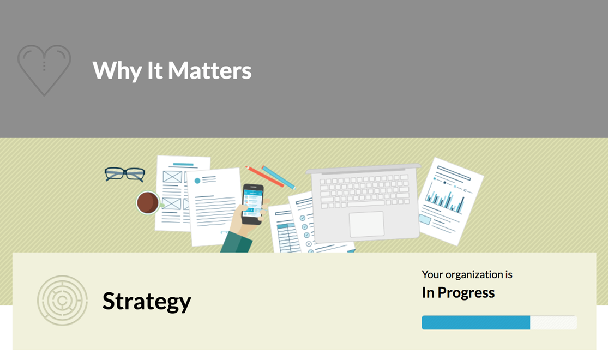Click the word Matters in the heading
[209, 70]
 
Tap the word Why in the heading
[117, 71]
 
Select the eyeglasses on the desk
[125, 174]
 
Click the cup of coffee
[148, 203]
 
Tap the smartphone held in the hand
[252, 204]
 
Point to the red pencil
[264, 177]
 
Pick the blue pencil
[279, 177]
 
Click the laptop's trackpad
[366, 224]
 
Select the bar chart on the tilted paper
[445, 198]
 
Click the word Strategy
[147, 302]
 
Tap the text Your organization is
[467, 275]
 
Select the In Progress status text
[459, 292]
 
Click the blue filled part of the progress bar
[476, 323]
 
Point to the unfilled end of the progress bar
[553, 323]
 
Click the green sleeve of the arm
[237, 242]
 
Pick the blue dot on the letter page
[197, 181]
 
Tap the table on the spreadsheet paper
[287, 237]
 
